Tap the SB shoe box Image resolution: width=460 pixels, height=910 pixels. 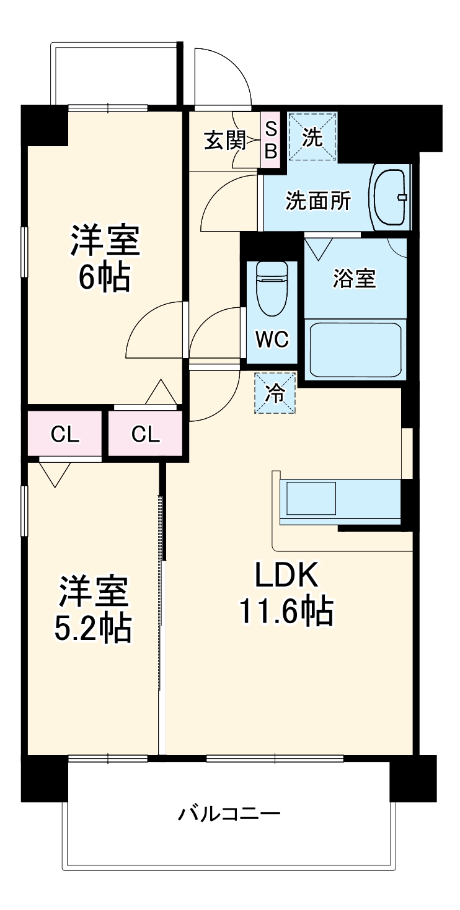click(271, 139)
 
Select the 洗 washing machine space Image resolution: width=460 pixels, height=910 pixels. click(312, 138)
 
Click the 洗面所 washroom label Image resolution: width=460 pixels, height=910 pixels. click(317, 201)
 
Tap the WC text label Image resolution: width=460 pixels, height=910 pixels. click(272, 339)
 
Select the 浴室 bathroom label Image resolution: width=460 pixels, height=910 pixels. click(355, 279)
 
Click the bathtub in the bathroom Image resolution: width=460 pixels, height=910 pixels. click(355, 349)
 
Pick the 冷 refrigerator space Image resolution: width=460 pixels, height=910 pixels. click(275, 392)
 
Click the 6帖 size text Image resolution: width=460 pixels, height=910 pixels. click(104, 278)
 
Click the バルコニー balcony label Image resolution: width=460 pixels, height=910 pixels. click(229, 813)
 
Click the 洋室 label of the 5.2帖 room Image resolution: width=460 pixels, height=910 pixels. click(94, 592)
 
